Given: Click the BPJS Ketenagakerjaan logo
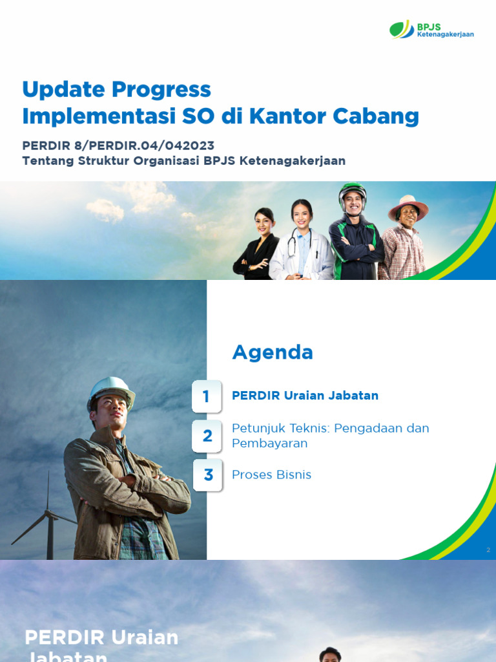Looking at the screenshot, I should tap(431, 30).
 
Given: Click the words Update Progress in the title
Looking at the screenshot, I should tap(116, 89).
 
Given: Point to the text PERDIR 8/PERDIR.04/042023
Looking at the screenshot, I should tap(118, 145).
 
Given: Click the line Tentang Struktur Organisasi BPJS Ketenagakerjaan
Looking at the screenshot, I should tap(183, 161).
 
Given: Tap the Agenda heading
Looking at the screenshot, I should tap(272, 352).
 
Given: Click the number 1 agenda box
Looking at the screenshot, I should tap(207, 396).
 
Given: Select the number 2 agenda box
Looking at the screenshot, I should tap(207, 436).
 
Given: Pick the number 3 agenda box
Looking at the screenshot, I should tap(207, 475).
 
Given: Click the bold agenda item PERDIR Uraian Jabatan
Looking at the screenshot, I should tap(305, 396).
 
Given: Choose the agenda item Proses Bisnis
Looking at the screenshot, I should tap(271, 475).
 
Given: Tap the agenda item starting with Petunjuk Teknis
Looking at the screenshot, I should tap(330, 436).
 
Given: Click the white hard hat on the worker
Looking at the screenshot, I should tap(110, 390).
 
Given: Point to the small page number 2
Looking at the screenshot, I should tap(488, 550).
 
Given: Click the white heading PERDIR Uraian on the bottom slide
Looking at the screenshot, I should tap(101, 637).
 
